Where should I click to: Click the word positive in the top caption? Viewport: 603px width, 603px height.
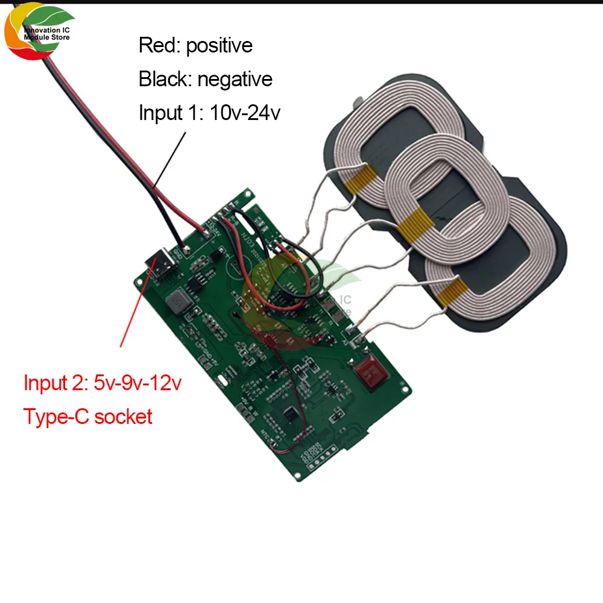[x=219, y=46]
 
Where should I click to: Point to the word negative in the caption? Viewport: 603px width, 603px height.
[x=235, y=79]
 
